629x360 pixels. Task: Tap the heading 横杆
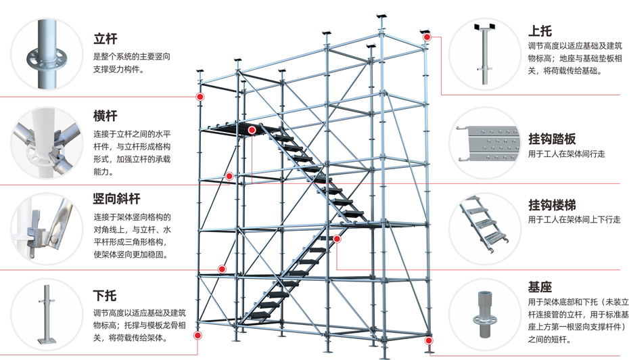pos(105,116)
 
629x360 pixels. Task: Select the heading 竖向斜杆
pos(116,199)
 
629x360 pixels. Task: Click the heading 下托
pos(105,296)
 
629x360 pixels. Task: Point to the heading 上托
pos(539,30)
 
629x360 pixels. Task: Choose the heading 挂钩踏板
pos(552,139)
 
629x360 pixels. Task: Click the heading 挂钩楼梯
pos(552,205)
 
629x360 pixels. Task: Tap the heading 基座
pos(539,287)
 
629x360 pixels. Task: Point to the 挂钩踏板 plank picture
pos(488,143)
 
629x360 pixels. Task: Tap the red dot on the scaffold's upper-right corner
pos(427,37)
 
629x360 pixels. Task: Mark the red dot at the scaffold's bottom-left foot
pos(197,335)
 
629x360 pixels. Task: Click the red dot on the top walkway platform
pos(252,130)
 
